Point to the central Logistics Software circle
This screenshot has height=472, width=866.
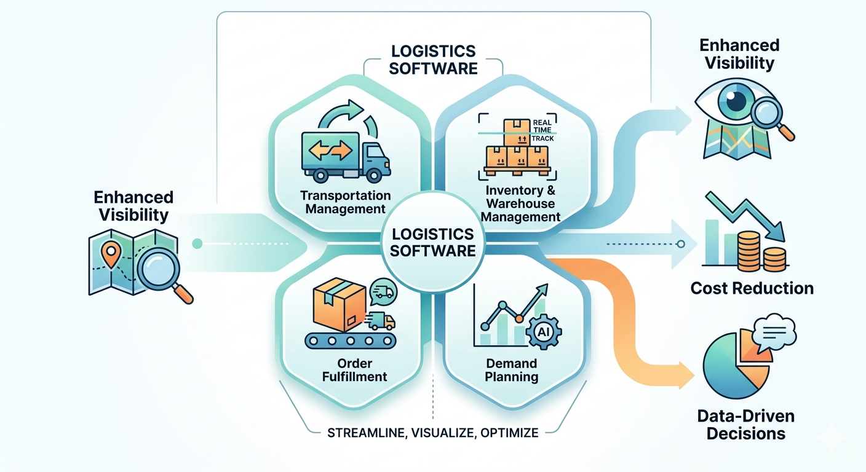tap(433, 242)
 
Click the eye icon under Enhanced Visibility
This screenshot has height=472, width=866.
tap(730, 104)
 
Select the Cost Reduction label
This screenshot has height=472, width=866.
tap(752, 288)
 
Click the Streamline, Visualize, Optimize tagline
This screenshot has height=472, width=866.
tap(433, 433)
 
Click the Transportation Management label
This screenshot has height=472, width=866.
tap(346, 202)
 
